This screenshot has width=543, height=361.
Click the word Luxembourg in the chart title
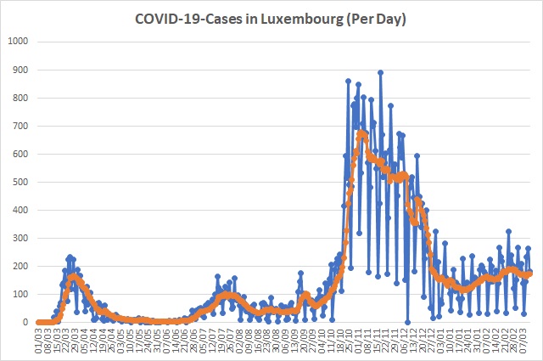pyautogui.click(x=312, y=19)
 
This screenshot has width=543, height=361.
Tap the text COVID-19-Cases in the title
pyautogui.click(x=189, y=19)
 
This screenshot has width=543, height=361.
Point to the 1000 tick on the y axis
pyautogui.click(x=18, y=41)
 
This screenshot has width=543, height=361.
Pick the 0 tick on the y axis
pyautogui.click(x=26, y=323)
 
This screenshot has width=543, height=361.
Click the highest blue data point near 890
pyautogui.click(x=380, y=72)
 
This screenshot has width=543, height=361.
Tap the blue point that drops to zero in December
pyautogui.click(x=408, y=322)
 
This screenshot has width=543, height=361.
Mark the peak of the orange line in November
pyautogui.click(x=362, y=133)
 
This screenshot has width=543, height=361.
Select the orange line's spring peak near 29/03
pyautogui.click(x=75, y=276)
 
